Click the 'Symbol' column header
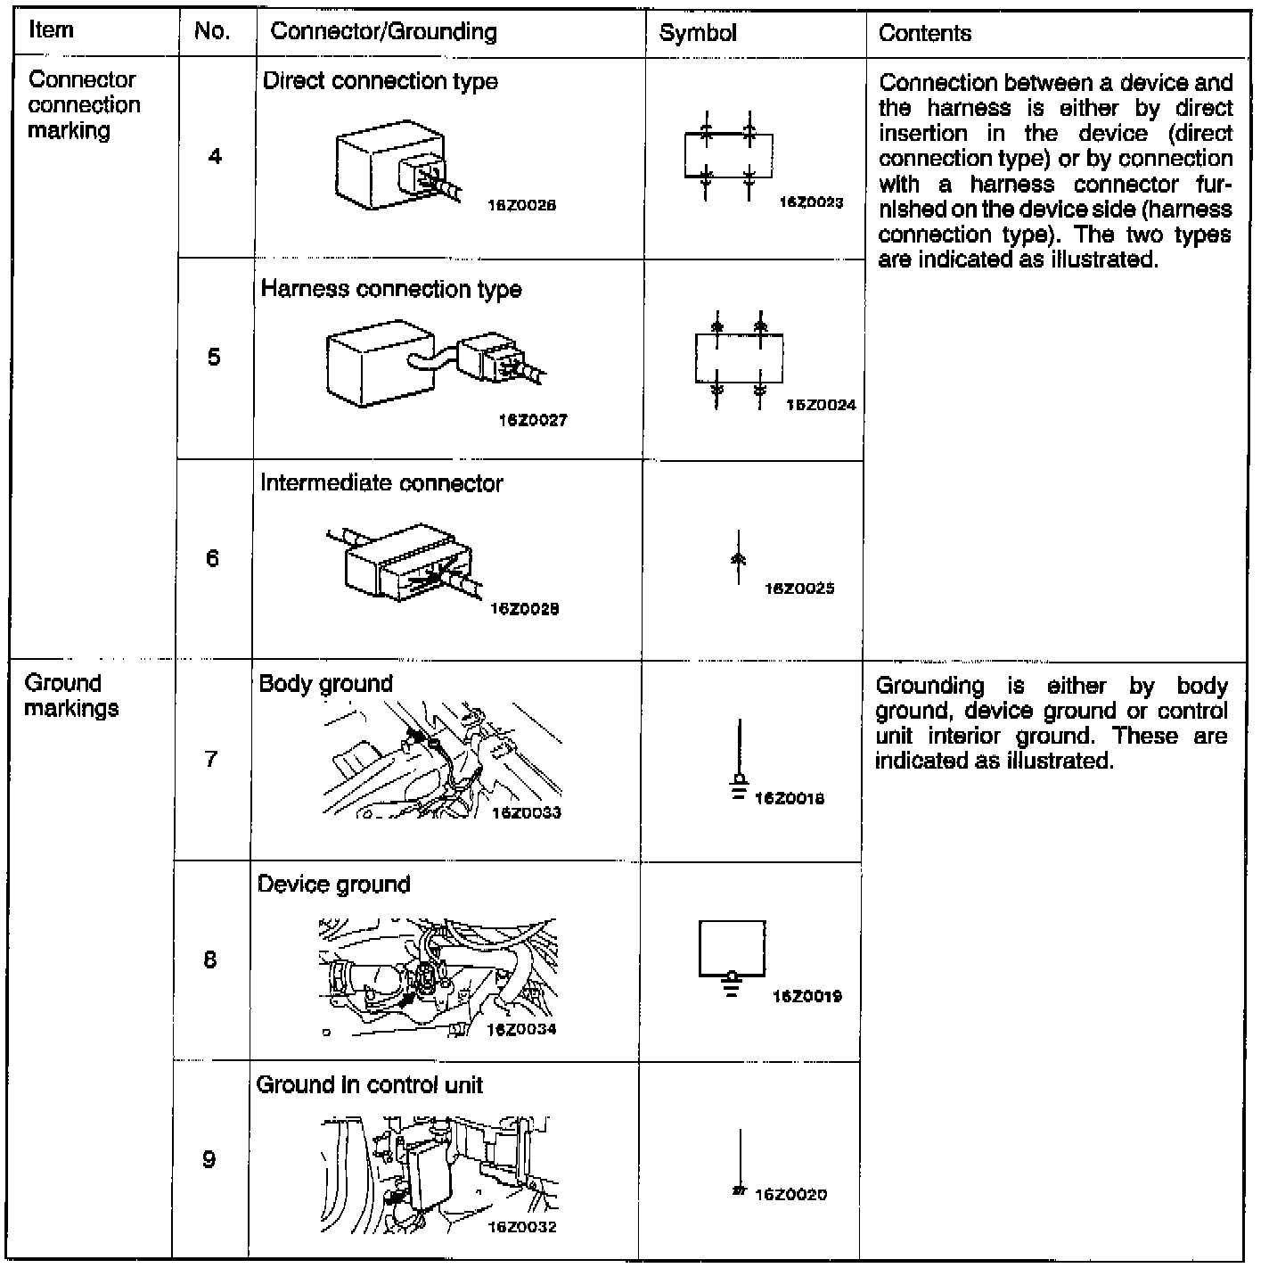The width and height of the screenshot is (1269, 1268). coord(698,33)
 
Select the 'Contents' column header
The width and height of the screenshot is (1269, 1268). coord(924,33)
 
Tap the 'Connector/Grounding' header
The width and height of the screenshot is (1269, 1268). coord(383,32)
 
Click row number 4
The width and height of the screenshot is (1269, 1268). coord(215,157)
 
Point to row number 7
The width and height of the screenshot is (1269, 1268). coord(211,759)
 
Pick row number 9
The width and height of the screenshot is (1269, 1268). coord(209,1159)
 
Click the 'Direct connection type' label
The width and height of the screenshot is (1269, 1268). coord(380,81)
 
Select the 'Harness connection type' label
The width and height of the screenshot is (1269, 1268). coord(390,289)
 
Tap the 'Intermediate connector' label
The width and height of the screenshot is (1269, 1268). coord(381,483)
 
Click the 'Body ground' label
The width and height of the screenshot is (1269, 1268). coord(325,684)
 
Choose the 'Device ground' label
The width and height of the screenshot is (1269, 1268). coord(333,885)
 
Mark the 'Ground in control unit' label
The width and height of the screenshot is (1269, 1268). coord(369,1085)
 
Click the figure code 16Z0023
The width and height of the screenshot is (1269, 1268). coord(811,202)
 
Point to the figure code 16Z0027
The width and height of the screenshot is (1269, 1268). coord(533,420)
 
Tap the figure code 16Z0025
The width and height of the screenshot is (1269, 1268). coord(799,589)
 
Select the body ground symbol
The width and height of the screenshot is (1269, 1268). coord(739,762)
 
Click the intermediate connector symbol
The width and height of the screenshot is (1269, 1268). coord(738,558)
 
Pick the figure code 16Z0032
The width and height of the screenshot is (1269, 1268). coord(521,1227)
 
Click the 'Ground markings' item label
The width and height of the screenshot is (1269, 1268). coord(71,696)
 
